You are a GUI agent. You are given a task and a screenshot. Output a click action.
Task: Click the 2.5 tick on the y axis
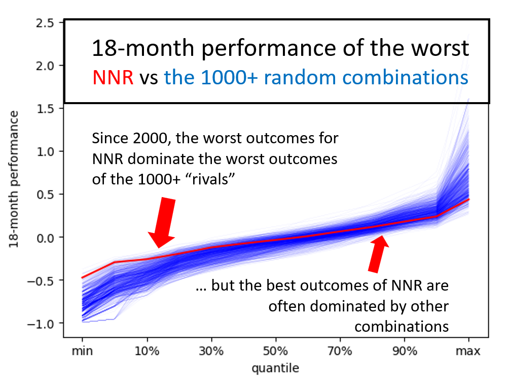coord(45,23)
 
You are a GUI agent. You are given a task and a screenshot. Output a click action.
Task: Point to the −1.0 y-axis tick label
coord(40,324)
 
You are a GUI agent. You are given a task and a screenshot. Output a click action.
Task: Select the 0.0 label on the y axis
coord(45,238)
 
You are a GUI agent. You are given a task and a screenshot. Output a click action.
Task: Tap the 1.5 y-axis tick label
coord(45,109)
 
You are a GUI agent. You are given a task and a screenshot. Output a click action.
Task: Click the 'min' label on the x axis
coord(82,351)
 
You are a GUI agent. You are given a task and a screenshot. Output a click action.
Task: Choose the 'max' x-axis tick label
coord(468,351)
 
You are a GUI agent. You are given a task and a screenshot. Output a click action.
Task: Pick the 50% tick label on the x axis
coord(275,351)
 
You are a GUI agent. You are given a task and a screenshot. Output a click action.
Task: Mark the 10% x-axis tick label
coord(147,351)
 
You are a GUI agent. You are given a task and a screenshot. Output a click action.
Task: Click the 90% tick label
coord(405,351)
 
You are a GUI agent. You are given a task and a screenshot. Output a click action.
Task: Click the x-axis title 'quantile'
coord(275,368)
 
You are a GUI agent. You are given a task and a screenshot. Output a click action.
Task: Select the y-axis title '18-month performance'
coord(14,179)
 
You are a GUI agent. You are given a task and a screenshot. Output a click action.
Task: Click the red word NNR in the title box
coord(113,78)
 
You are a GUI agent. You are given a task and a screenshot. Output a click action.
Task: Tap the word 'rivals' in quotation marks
coord(210,179)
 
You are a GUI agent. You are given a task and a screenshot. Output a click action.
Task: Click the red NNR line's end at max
coord(469,199)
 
